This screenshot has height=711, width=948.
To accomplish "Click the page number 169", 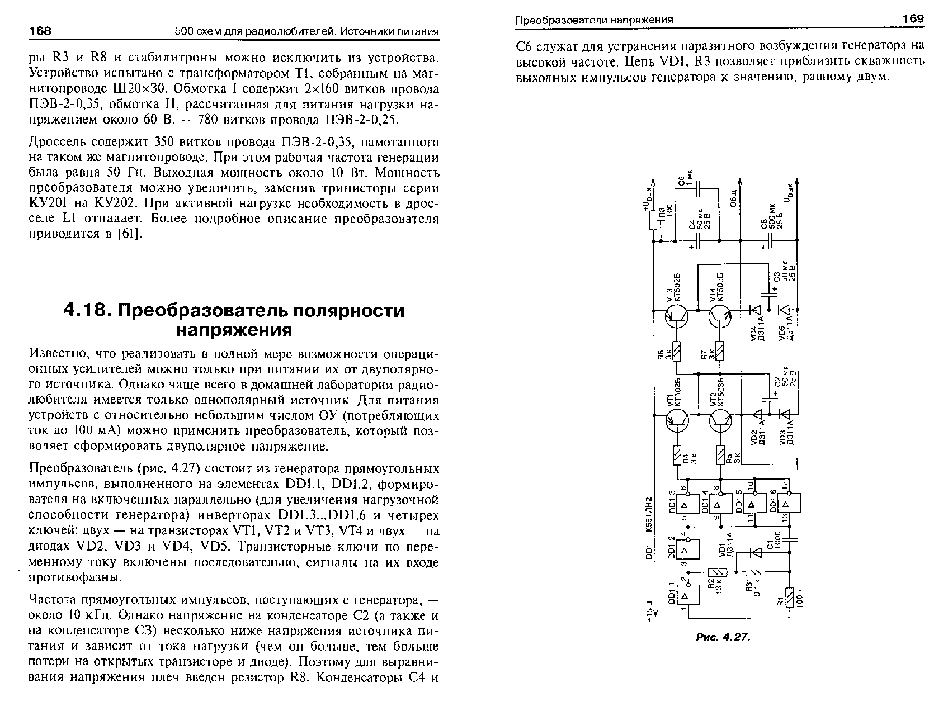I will click(x=913, y=19).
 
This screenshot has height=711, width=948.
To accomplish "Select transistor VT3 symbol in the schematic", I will click(x=676, y=317).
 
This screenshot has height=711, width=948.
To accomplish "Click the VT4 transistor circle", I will click(x=720, y=317).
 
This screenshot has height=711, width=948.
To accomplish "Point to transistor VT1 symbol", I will click(x=676, y=422).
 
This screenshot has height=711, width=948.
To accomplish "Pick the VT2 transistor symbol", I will click(x=720, y=422).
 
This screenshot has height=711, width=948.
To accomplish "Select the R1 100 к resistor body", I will click(x=790, y=598).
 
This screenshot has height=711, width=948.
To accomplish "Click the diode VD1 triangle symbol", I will click(x=756, y=553).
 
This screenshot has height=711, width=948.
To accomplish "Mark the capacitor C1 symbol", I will click(x=790, y=540).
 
